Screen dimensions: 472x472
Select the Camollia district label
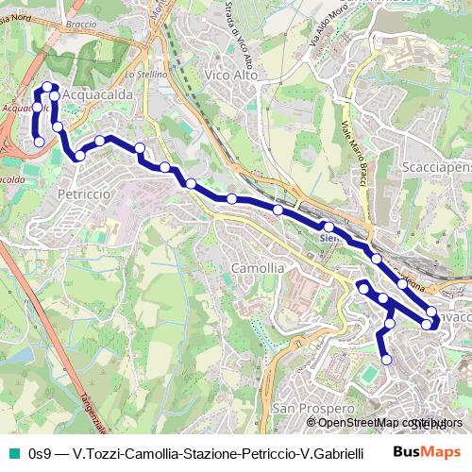pyautogui.click(x=257, y=268)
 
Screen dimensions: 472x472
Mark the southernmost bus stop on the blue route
pyautogui.click(x=386, y=358)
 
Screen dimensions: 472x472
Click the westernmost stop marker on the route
pyautogui.click(x=40, y=142)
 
